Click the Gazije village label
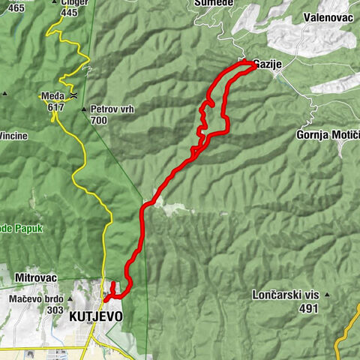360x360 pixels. point(268,64)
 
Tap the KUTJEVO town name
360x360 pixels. point(95,316)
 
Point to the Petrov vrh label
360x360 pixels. point(109,109)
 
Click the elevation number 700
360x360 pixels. point(98,120)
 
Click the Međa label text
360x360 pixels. point(51,95)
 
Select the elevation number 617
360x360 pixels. point(55,106)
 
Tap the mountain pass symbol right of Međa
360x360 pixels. point(73,96)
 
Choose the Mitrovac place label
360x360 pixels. point(36,277)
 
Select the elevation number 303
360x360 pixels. point(54,310)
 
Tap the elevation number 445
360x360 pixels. point(69,13)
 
